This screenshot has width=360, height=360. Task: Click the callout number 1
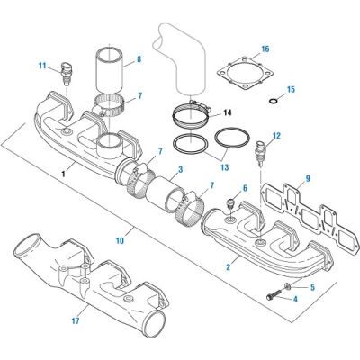(62, 172)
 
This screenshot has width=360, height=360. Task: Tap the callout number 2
(231, 268)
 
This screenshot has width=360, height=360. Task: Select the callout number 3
(180, 169)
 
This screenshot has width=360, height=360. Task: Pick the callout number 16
(265, 49)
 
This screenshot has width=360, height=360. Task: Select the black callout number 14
(226, 112)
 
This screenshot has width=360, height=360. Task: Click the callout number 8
(138, 60)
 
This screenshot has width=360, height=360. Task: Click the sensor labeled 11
(66, 76)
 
